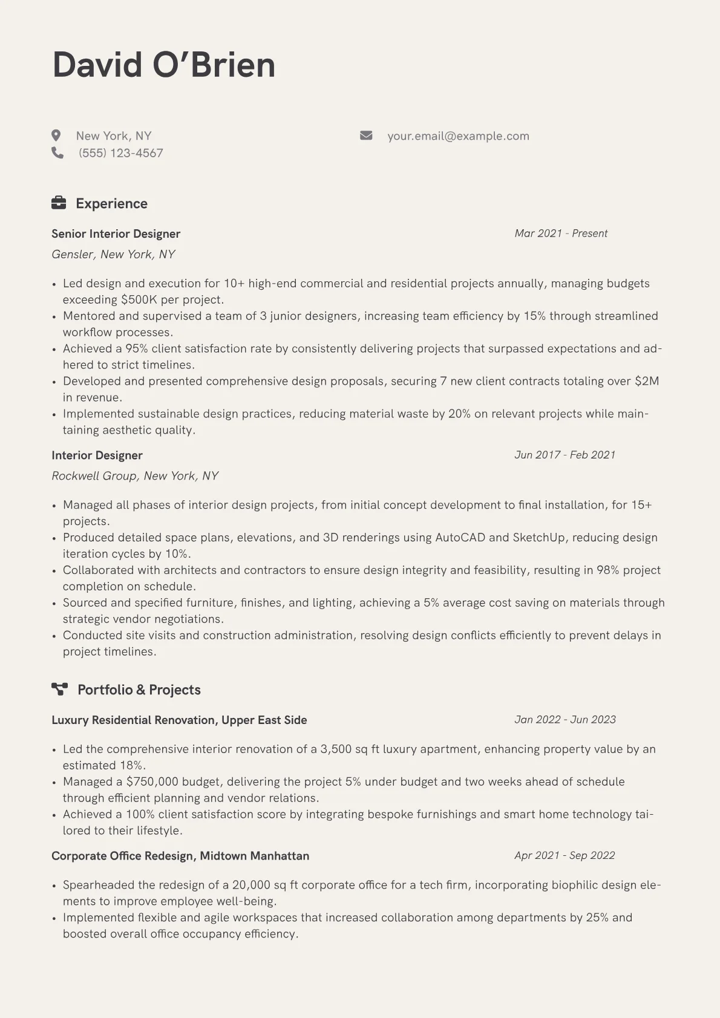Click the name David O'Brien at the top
click(163, 65)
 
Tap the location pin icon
click(56, 135)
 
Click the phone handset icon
click(57, 153)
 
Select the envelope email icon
click(366, 135)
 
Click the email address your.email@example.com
click(458, 136)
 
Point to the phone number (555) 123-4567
click(120, 153)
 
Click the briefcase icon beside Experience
click(59, 203)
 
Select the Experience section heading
click(111, 204)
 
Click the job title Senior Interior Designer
click(116, 234)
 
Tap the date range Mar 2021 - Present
click(561, 233)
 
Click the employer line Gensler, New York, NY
click(113, 255)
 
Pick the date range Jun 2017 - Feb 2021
click(565, 455)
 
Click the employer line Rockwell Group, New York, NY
click(135, 476)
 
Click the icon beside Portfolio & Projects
click(59, 689)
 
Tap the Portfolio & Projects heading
click(139, 690)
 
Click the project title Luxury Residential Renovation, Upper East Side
click(179, 720)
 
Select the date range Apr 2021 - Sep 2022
click(565, 855)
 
